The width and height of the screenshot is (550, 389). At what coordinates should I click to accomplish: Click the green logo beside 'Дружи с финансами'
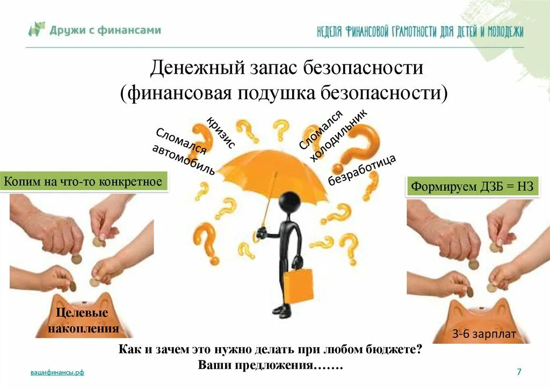(x=37, y=29)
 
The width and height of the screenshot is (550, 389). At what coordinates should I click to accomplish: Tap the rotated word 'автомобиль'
(x=184, y=160)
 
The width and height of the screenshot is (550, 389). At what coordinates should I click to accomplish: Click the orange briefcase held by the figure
(x=298, y=285)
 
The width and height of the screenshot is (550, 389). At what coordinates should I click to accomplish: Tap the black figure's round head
(x=290, y=202)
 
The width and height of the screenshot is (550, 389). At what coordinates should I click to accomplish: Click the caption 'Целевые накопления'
(x=83, y=321)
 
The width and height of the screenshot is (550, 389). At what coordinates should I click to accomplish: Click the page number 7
(x=519, y=372)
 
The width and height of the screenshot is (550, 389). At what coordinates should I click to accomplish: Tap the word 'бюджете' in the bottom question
(x=396, y=349)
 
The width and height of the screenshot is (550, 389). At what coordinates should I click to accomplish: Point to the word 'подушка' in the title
(x=276, y=93)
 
